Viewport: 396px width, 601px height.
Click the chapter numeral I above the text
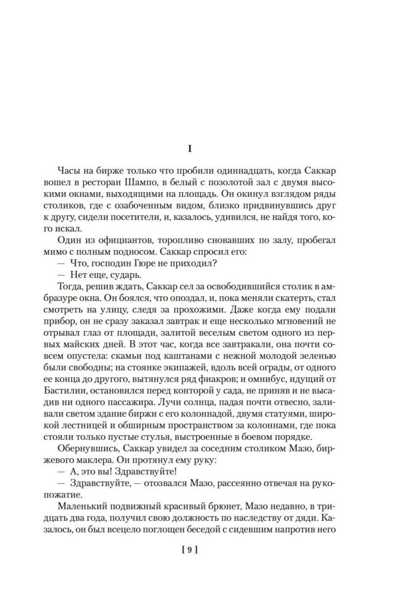(x=190, y=149)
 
